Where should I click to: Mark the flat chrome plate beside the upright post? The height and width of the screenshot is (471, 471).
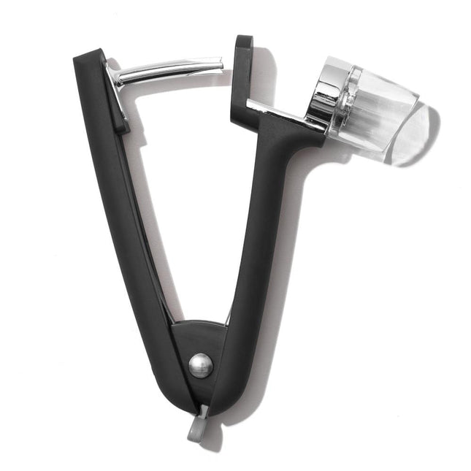coord(285,115)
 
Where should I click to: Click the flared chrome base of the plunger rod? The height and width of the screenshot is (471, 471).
coord(115,77)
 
